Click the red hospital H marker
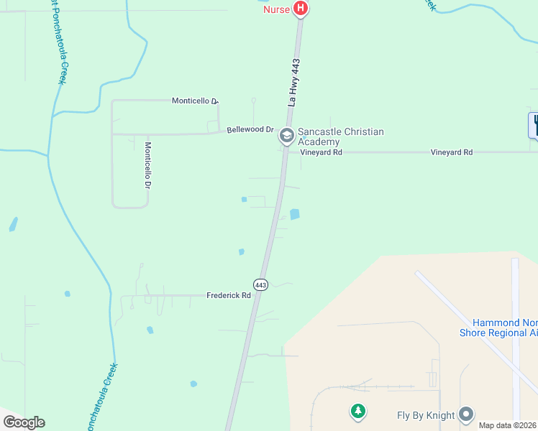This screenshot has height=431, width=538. tap(301, 9)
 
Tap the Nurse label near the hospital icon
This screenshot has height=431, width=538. tap(276, 9)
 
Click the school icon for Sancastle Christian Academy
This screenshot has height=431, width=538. tap(286, 135)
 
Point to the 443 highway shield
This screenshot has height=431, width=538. tap(260, 285)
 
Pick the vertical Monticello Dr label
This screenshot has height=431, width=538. tap(147, 164)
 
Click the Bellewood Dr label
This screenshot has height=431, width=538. tap(250, 130)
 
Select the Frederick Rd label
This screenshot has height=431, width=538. tap(228, 295)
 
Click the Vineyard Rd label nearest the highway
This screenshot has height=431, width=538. tap(321, 152)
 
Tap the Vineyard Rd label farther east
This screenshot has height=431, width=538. tap(451, 152)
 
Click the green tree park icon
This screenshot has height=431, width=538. tap(357, 412)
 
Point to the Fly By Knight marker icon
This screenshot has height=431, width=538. tap(467, 414)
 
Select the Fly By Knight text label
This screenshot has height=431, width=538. tap(426, 415)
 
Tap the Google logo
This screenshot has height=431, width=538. tap(24, 422)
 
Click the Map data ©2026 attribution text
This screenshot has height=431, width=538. tap(508, 425)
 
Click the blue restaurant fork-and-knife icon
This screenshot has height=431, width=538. tap(534, 126)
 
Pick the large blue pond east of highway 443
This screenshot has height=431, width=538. tap(294, 214)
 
